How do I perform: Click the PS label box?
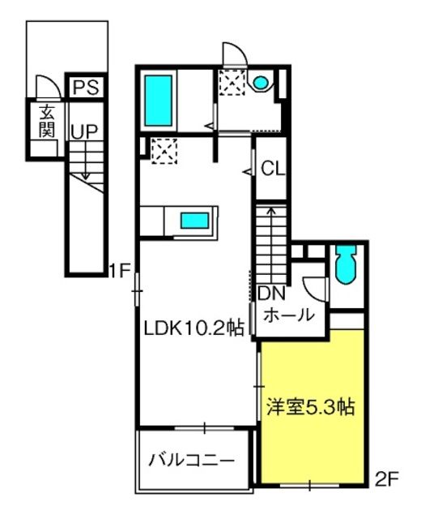pyautogui.click(x=86, y=87)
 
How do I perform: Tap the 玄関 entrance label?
pyautogui.click(x=47, y=122)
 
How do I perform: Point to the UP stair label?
pyautogui.click(x=84, y=131)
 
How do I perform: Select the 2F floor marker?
pyautogui.click(x=387, y=479)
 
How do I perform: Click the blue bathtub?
pyautogui.click(x=159, y=101)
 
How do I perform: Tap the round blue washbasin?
pyautogui.click(x=261, y=82)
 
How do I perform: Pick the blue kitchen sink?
pyautogui.click(x=194, y=221)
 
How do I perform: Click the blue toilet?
pyautogui.click(x=346, y=264)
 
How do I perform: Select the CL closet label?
pyautogui.click(x=273, y=169)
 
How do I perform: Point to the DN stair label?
pyautogui.click(x=271, y=294)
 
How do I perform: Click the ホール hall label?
pyautogui.click(x=289, y=315)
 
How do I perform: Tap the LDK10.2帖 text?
pyautogui.click(x=193, y=328)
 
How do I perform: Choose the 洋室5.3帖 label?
pyautogui.click(x=311, y=407)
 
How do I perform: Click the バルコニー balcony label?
pyautogui.click(x=192, y=461)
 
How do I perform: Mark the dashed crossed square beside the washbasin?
pyautogui.click(x=232, y=83)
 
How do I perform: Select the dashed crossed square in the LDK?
pyautogui.click(x=164, y=151)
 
